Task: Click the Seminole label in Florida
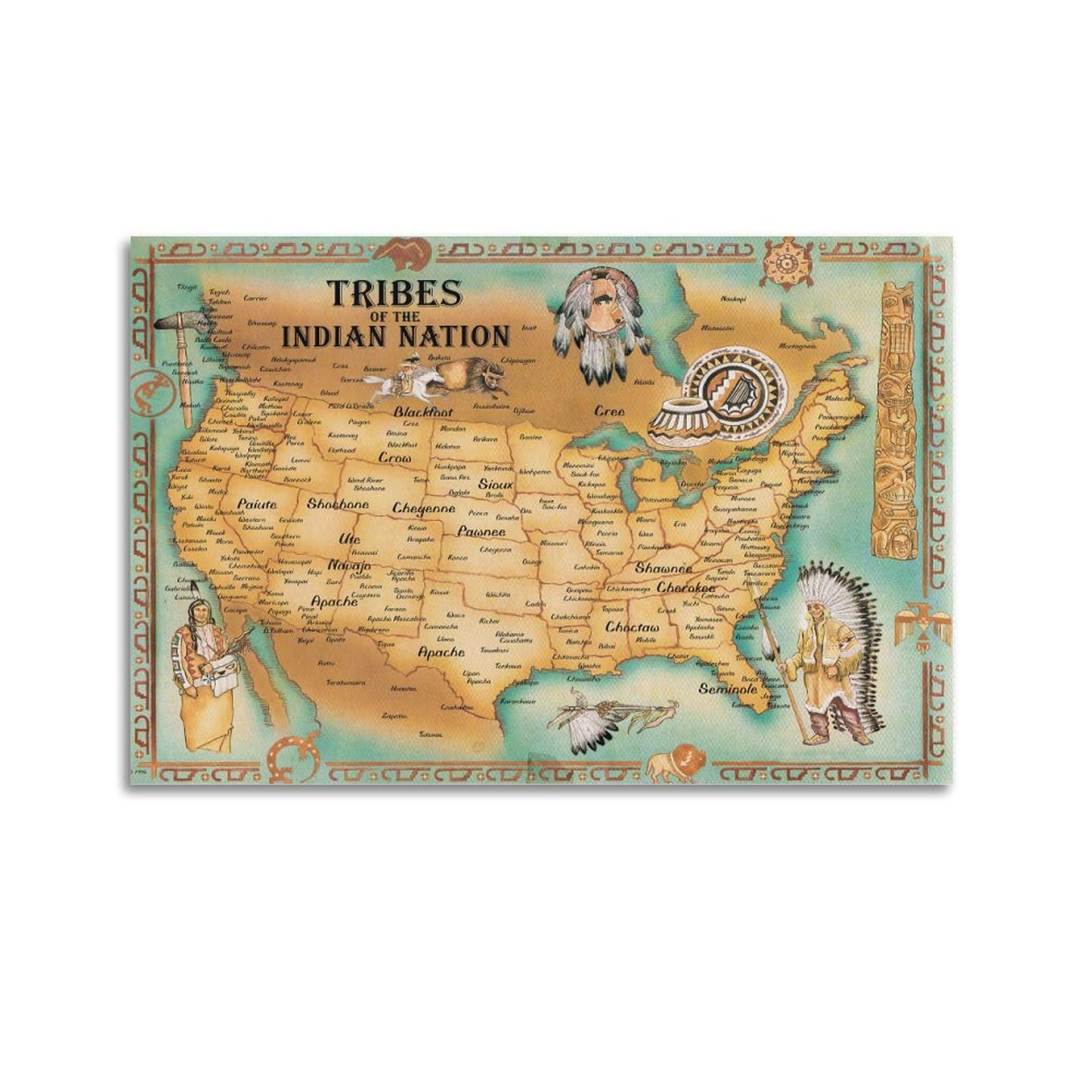coord(728,689)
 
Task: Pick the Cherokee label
coord(686,587)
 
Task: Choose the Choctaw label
coord(632,627)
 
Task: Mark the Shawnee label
coord(664,568)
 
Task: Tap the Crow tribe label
coord(395,458)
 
